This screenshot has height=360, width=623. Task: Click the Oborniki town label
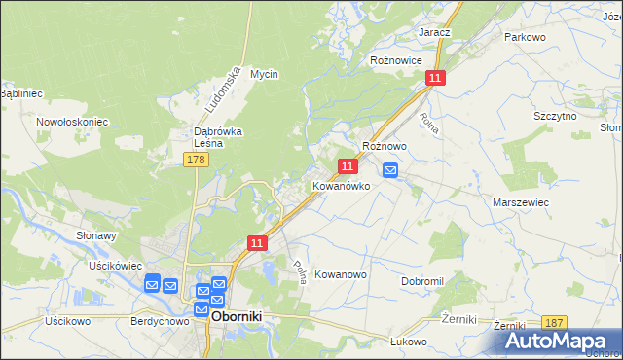pos(239,316)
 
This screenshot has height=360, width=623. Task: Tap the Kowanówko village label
pos(341,185)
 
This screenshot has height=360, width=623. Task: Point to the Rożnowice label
pos(395,60)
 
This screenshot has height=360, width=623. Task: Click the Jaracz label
pos(434,32)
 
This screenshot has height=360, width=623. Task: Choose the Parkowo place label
pos(525,37)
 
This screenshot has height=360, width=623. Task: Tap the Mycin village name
pos(264,74)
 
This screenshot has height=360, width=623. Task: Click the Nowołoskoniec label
pos(72,122)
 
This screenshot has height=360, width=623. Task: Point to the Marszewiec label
pos(522,201)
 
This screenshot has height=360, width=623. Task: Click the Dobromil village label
pos(422,281)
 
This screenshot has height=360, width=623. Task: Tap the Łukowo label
pos(409,342)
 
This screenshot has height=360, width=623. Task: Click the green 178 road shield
pos(195,159)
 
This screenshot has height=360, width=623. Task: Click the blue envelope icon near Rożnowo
pos(390,171)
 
